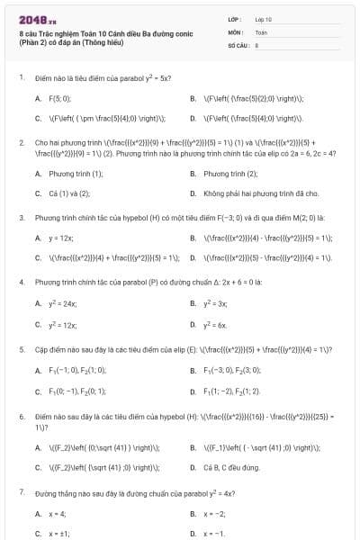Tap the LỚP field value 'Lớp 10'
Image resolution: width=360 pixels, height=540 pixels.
(264, 18)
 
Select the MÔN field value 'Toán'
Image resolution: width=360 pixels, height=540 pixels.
(261, 31)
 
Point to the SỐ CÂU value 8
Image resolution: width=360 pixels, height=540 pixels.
(256, 44)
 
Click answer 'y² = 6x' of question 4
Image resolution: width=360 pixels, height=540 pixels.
(215, 324)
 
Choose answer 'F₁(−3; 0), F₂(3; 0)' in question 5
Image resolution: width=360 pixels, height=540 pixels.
(231, 370)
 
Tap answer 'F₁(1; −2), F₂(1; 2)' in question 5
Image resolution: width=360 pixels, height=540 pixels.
(232, 391)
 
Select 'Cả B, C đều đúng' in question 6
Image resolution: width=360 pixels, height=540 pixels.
(232, 468)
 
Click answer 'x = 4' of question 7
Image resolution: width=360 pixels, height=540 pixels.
(57, 514)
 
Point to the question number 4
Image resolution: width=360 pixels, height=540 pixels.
(22, 283)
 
